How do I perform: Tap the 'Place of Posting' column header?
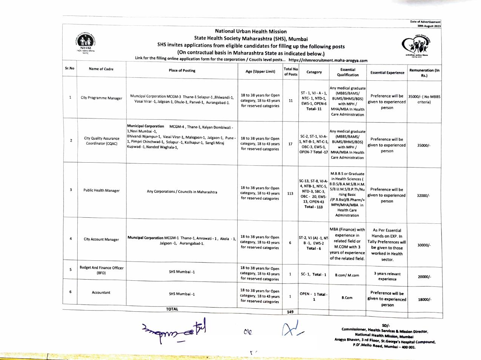[182, 71]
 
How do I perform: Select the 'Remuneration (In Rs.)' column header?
[424, 73]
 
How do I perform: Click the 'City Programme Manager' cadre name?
[101, 98]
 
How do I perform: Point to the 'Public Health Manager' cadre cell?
[101, 191]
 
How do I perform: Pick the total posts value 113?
[290, 194]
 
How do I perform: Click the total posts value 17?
[290, 144]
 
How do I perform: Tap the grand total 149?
[290, 312]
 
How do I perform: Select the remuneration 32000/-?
[424, 196]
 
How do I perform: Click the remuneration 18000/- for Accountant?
[424, 300]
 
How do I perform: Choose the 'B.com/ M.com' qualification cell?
[347, 275]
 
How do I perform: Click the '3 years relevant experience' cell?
[387, 277]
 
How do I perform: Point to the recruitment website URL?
[328, 60]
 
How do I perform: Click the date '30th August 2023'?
[429, 26]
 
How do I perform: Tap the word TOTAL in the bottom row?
[172, 309]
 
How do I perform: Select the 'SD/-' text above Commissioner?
[386, 326]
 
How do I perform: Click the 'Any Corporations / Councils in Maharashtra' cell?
[182, 192]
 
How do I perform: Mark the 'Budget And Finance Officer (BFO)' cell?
[101, 270]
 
